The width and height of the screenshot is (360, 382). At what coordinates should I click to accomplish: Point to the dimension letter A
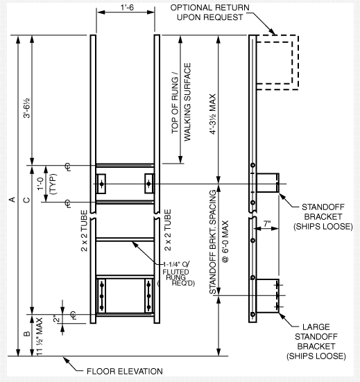(x=12, y=200)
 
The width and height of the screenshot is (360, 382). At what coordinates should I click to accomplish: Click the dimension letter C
(x=26, y=200)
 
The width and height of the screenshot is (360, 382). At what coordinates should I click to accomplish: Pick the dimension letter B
(x=26, y=335)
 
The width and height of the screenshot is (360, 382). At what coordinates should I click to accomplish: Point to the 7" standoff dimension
(x=267, y=223)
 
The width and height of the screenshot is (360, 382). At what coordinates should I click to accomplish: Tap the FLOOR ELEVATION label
(x=124, y=372)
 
